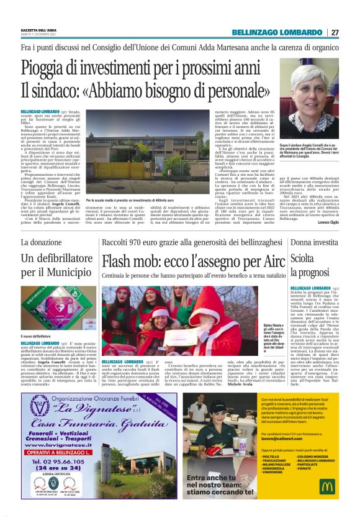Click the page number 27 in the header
[335, 32]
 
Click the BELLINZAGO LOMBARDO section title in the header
[277, 32]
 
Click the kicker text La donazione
[42, 242]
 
